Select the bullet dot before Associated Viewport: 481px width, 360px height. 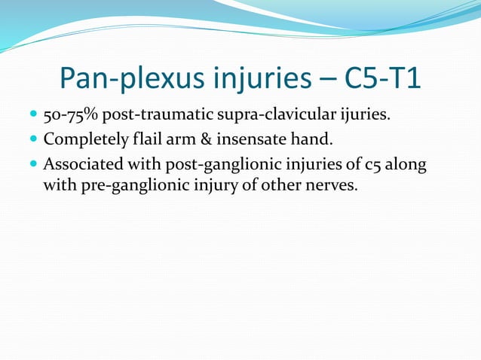coord(32,163)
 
